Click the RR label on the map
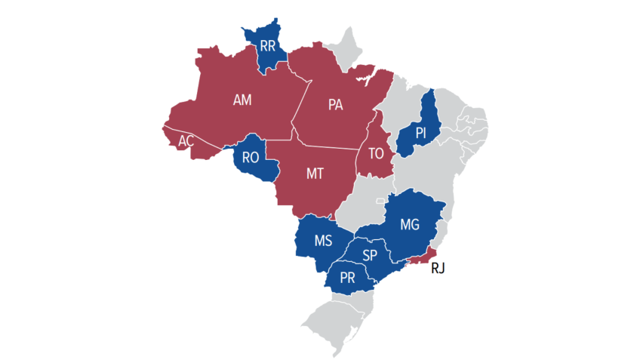coord(267,46)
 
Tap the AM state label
coord(242,100)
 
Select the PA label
coord(335,105)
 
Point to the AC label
coord(186,140)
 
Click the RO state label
coord(251,158)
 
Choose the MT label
coord(315,174)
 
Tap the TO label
coord(376,153)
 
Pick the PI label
coord(421,133)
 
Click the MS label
coord(323,242)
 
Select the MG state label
coord(409,224)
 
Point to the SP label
coord(370,255)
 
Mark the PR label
coord(347,277)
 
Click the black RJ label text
coord(438,268)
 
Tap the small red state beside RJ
coord(420,257)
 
